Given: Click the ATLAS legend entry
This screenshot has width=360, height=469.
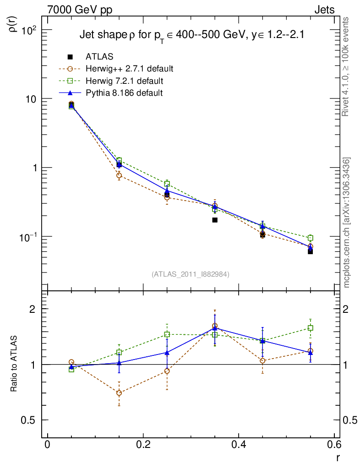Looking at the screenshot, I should point(99,57).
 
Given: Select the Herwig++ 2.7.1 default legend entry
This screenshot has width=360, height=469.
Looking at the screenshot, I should point(129,69).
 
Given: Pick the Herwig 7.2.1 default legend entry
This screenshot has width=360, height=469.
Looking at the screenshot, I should point(124,81).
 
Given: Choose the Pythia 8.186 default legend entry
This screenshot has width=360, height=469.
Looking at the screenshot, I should point(124,93).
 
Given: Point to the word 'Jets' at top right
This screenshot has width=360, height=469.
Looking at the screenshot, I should point(324,10).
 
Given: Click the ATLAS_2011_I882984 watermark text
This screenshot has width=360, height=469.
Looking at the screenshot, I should point(191,274).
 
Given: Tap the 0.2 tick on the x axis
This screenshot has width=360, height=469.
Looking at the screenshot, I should point(143,445).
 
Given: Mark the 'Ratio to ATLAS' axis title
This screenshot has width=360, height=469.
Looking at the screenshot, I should point(14,364).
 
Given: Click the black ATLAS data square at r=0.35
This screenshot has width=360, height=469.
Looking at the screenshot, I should point(215,220).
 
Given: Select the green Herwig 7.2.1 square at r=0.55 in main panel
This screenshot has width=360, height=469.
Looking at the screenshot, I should point(311,238).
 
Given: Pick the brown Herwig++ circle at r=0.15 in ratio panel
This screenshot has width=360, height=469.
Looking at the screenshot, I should point(119,393).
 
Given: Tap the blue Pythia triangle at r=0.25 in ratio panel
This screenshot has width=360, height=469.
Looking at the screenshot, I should point(167,353).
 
